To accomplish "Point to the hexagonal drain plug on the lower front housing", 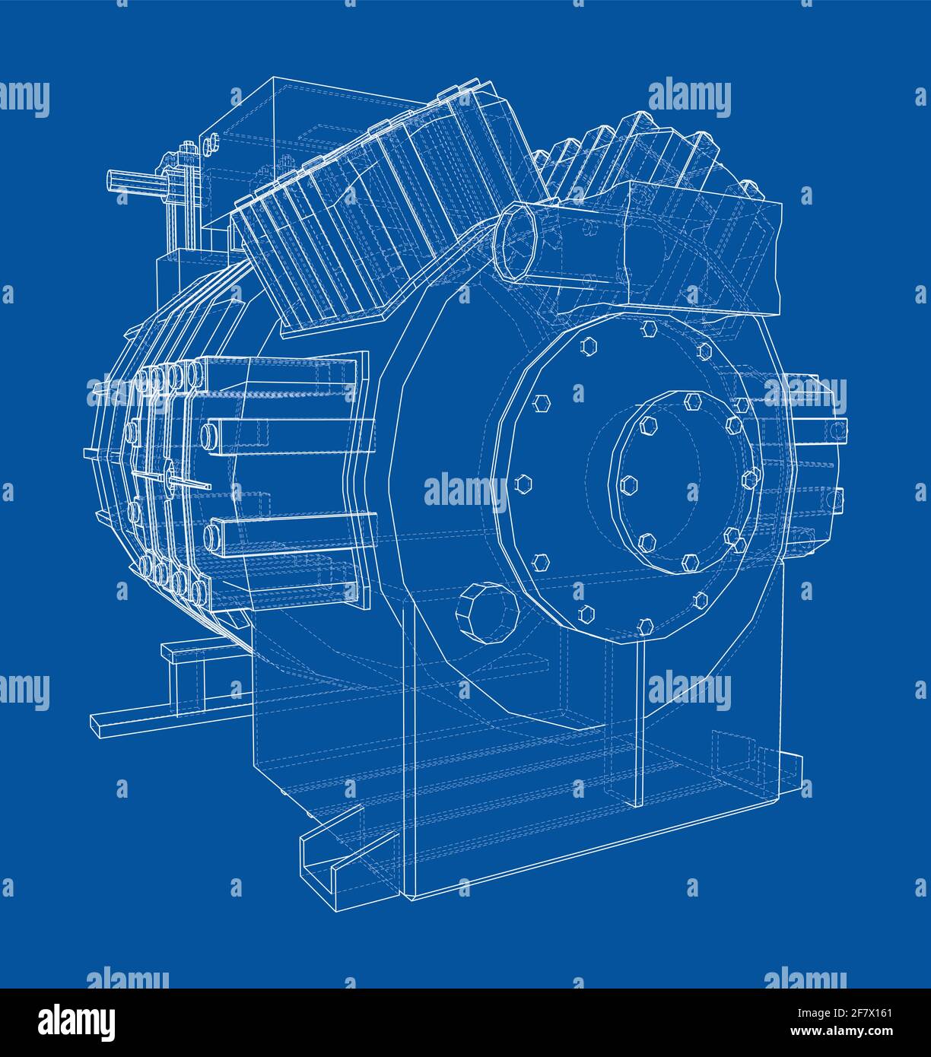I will click(x=486, y=613).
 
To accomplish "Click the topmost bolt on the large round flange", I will click(x=648, y=328).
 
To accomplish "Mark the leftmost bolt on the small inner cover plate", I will click(x=628, y=483).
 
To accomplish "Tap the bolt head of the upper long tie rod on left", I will click(x=208, y=436).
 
